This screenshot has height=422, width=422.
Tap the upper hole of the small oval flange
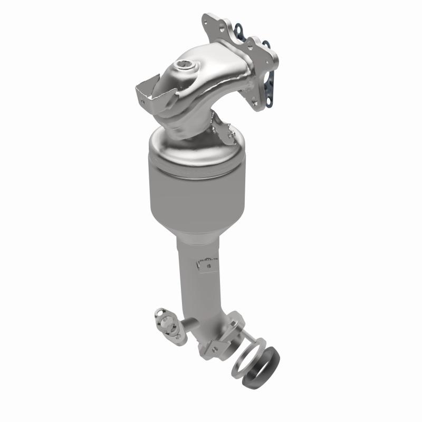click(159, 314)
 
